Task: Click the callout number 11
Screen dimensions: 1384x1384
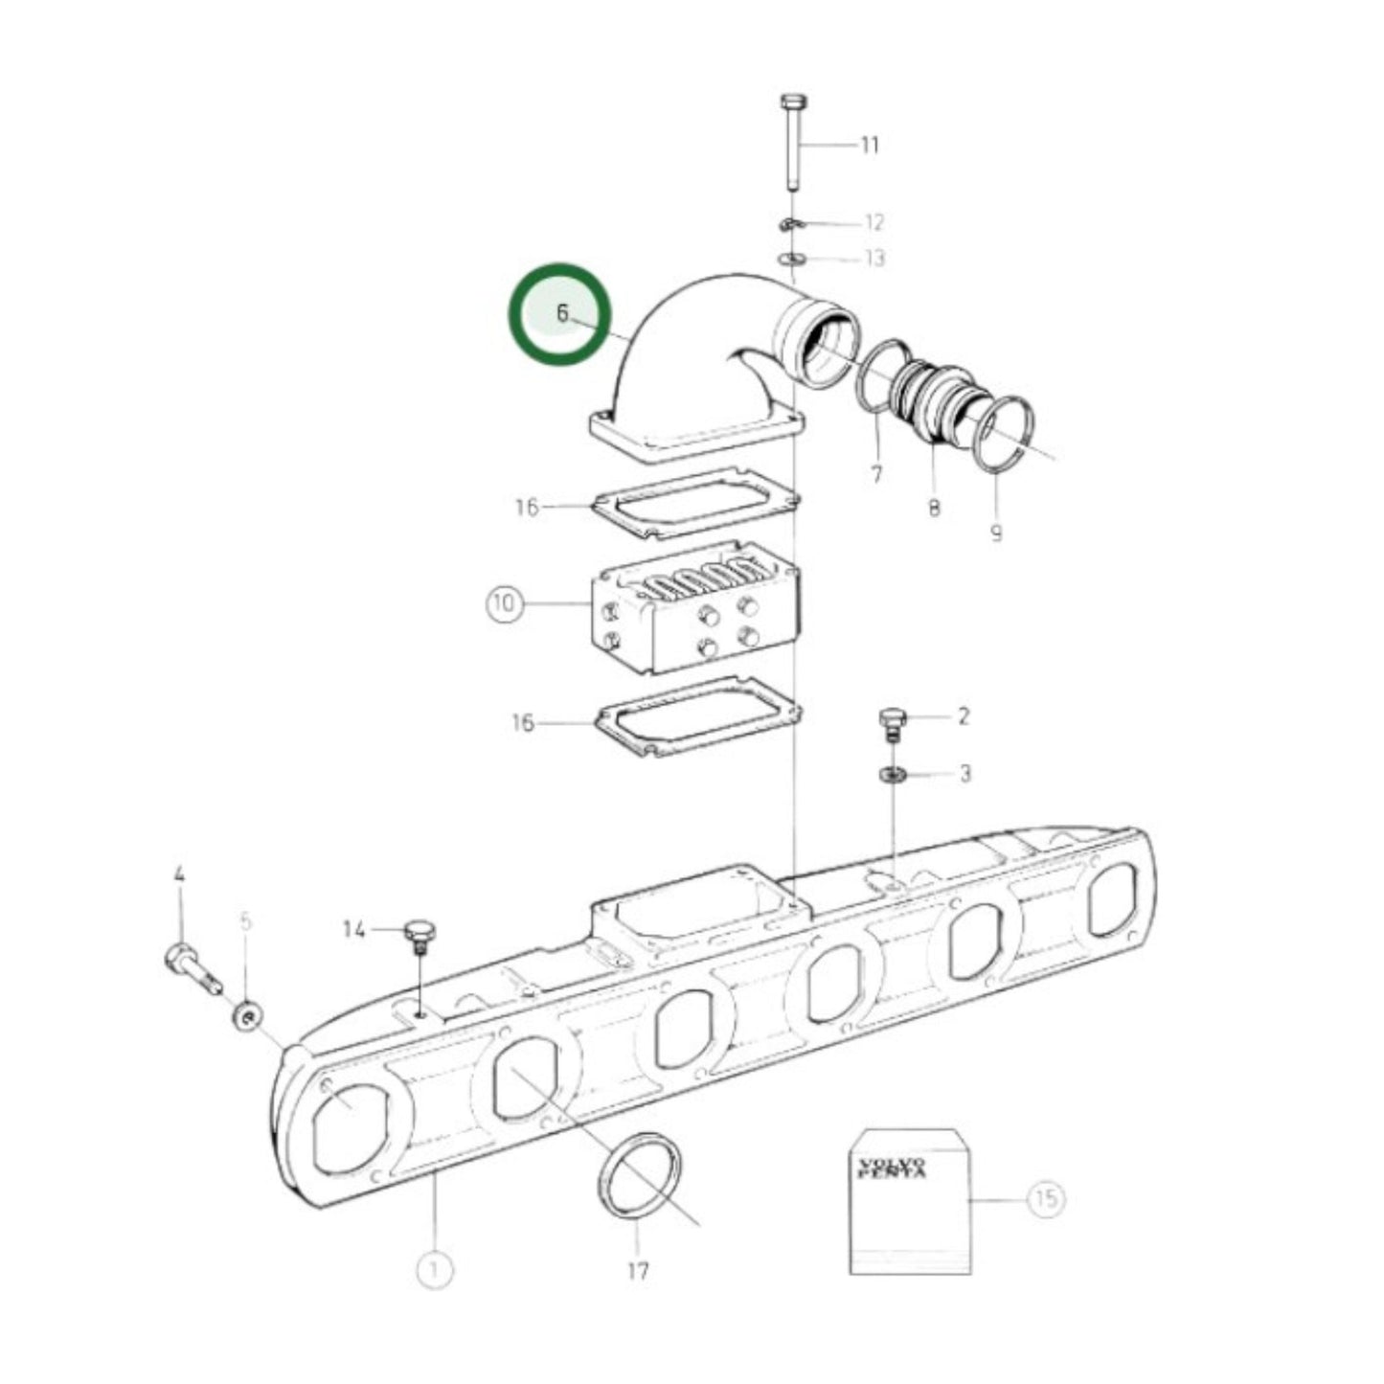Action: (869, 146)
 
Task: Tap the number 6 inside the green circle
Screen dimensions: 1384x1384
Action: (562, 313)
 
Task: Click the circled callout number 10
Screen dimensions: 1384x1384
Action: (504, 603)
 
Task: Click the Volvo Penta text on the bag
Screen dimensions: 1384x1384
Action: (892, 1168)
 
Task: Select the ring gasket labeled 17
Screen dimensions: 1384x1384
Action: (640, 1176)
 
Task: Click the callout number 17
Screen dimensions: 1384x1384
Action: (638, 1271)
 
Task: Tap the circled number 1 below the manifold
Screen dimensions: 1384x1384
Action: (434, 1270)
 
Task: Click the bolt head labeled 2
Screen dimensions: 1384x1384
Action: (891, 720)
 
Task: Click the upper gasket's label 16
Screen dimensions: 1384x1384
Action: (527, 507)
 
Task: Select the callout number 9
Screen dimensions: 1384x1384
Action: (996, 533)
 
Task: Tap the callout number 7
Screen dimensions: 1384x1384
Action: (876, 473)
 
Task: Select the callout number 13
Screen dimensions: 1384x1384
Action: (874, 259)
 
